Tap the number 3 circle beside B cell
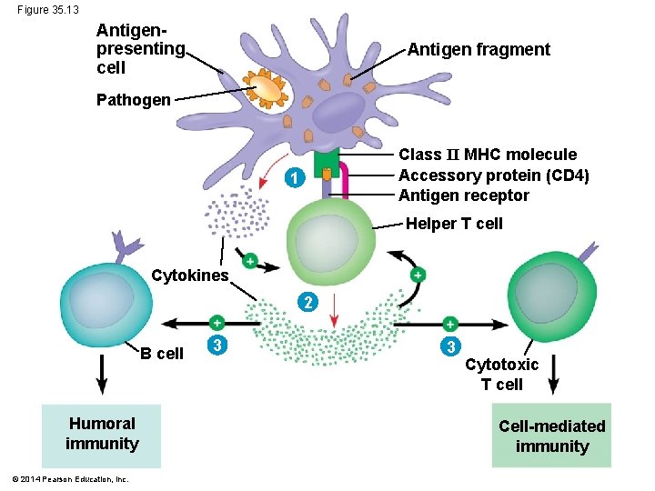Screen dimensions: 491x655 coord(216,345)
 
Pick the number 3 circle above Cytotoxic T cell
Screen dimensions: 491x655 coord(451,346)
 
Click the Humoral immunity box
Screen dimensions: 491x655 coord(102,434)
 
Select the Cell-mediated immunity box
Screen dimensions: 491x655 coord(551,436)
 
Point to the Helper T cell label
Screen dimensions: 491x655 coord(454,224)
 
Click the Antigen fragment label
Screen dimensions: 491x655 coord(479,50)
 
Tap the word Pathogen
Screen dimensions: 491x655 coord(133,100)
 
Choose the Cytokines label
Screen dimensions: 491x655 coord(189,275)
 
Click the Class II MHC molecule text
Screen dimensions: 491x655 coord(488,155)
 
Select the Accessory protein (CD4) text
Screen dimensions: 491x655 coord(494,175)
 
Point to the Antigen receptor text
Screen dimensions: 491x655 coord(463,195)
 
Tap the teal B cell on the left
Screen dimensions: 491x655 coord(103,299)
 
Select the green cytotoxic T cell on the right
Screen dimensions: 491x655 coord(554,297)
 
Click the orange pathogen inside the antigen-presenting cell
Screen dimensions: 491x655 coord(267,89)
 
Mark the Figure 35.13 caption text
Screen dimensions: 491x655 coord(47,9)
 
